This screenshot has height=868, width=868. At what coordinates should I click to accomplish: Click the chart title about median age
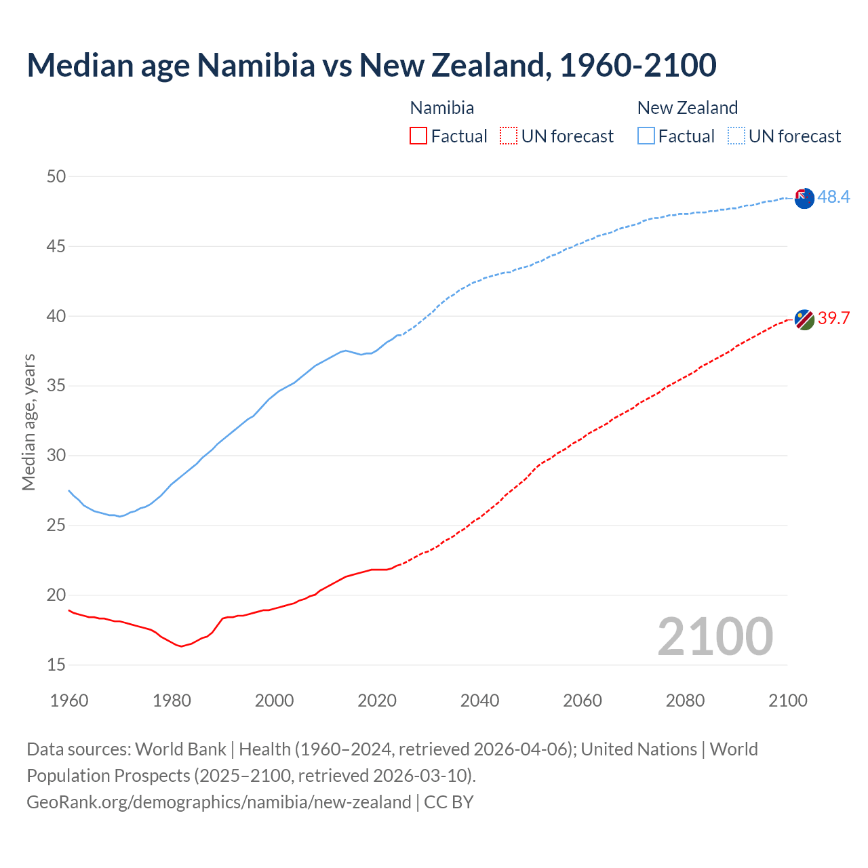(371, 65)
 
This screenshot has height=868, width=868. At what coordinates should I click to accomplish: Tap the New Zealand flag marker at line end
(804, 199)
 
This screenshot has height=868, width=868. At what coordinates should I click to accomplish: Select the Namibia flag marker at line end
(804, 319)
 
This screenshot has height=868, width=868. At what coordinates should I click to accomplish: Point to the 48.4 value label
(833, 197)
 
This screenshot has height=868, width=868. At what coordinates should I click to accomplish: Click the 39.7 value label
(833, 318)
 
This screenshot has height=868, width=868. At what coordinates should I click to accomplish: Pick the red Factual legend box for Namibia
(418, 136)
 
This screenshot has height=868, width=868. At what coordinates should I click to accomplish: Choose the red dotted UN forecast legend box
(509, 136)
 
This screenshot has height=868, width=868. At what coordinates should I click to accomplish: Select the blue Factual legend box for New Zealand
(646, 136)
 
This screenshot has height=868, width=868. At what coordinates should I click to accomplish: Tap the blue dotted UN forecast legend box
(736, 136)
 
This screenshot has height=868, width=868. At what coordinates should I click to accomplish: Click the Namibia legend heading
(442, 108)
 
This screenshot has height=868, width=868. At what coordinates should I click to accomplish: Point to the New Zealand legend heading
(687, 108)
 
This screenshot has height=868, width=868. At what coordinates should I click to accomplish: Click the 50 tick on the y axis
(56, 176)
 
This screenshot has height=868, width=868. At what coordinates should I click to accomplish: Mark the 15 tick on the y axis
(56, 665)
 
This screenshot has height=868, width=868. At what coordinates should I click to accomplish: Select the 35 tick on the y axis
(56, 386)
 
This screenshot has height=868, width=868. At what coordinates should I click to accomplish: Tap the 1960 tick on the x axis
(69, 701)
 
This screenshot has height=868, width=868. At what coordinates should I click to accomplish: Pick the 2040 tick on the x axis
(479, 701)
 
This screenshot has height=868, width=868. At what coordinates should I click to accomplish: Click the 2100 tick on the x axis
(788, 701)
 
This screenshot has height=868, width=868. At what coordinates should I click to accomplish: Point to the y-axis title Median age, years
(28, 422)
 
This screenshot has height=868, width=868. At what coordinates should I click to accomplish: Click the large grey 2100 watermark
(715, 636)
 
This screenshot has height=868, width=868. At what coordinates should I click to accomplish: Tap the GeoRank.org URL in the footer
(218, 802)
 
